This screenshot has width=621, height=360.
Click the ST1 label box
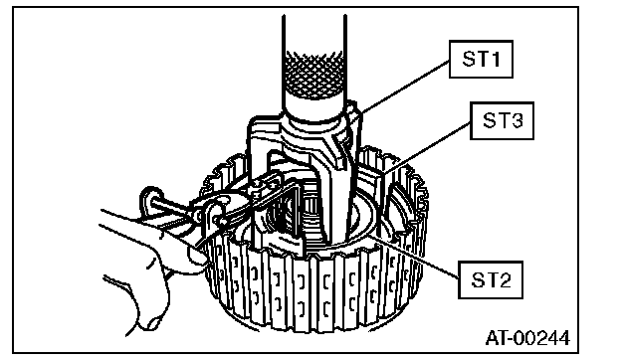click(x=481, y=59)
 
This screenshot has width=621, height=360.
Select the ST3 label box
click(x=502, y=120)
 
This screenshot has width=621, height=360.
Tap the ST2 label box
click(x=491, y=279)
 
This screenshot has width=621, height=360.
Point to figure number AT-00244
click(x=527, y=338)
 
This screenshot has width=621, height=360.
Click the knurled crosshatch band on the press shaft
click(x=314, y=75)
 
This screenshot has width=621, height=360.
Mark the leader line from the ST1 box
click(x=405, y=87)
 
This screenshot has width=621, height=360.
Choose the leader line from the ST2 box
click(x=414, y=257)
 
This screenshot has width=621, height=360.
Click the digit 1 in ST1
click(x=495, y=59)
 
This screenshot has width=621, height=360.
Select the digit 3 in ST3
click(x=517, y=120)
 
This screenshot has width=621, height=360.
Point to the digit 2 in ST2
click(x=505, y=279)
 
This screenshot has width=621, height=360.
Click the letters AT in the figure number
click(x=498, y=338)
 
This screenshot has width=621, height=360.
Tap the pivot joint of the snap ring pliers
click(x=216, y=216)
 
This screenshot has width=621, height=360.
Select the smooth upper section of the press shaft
click(x=314, y=33)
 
